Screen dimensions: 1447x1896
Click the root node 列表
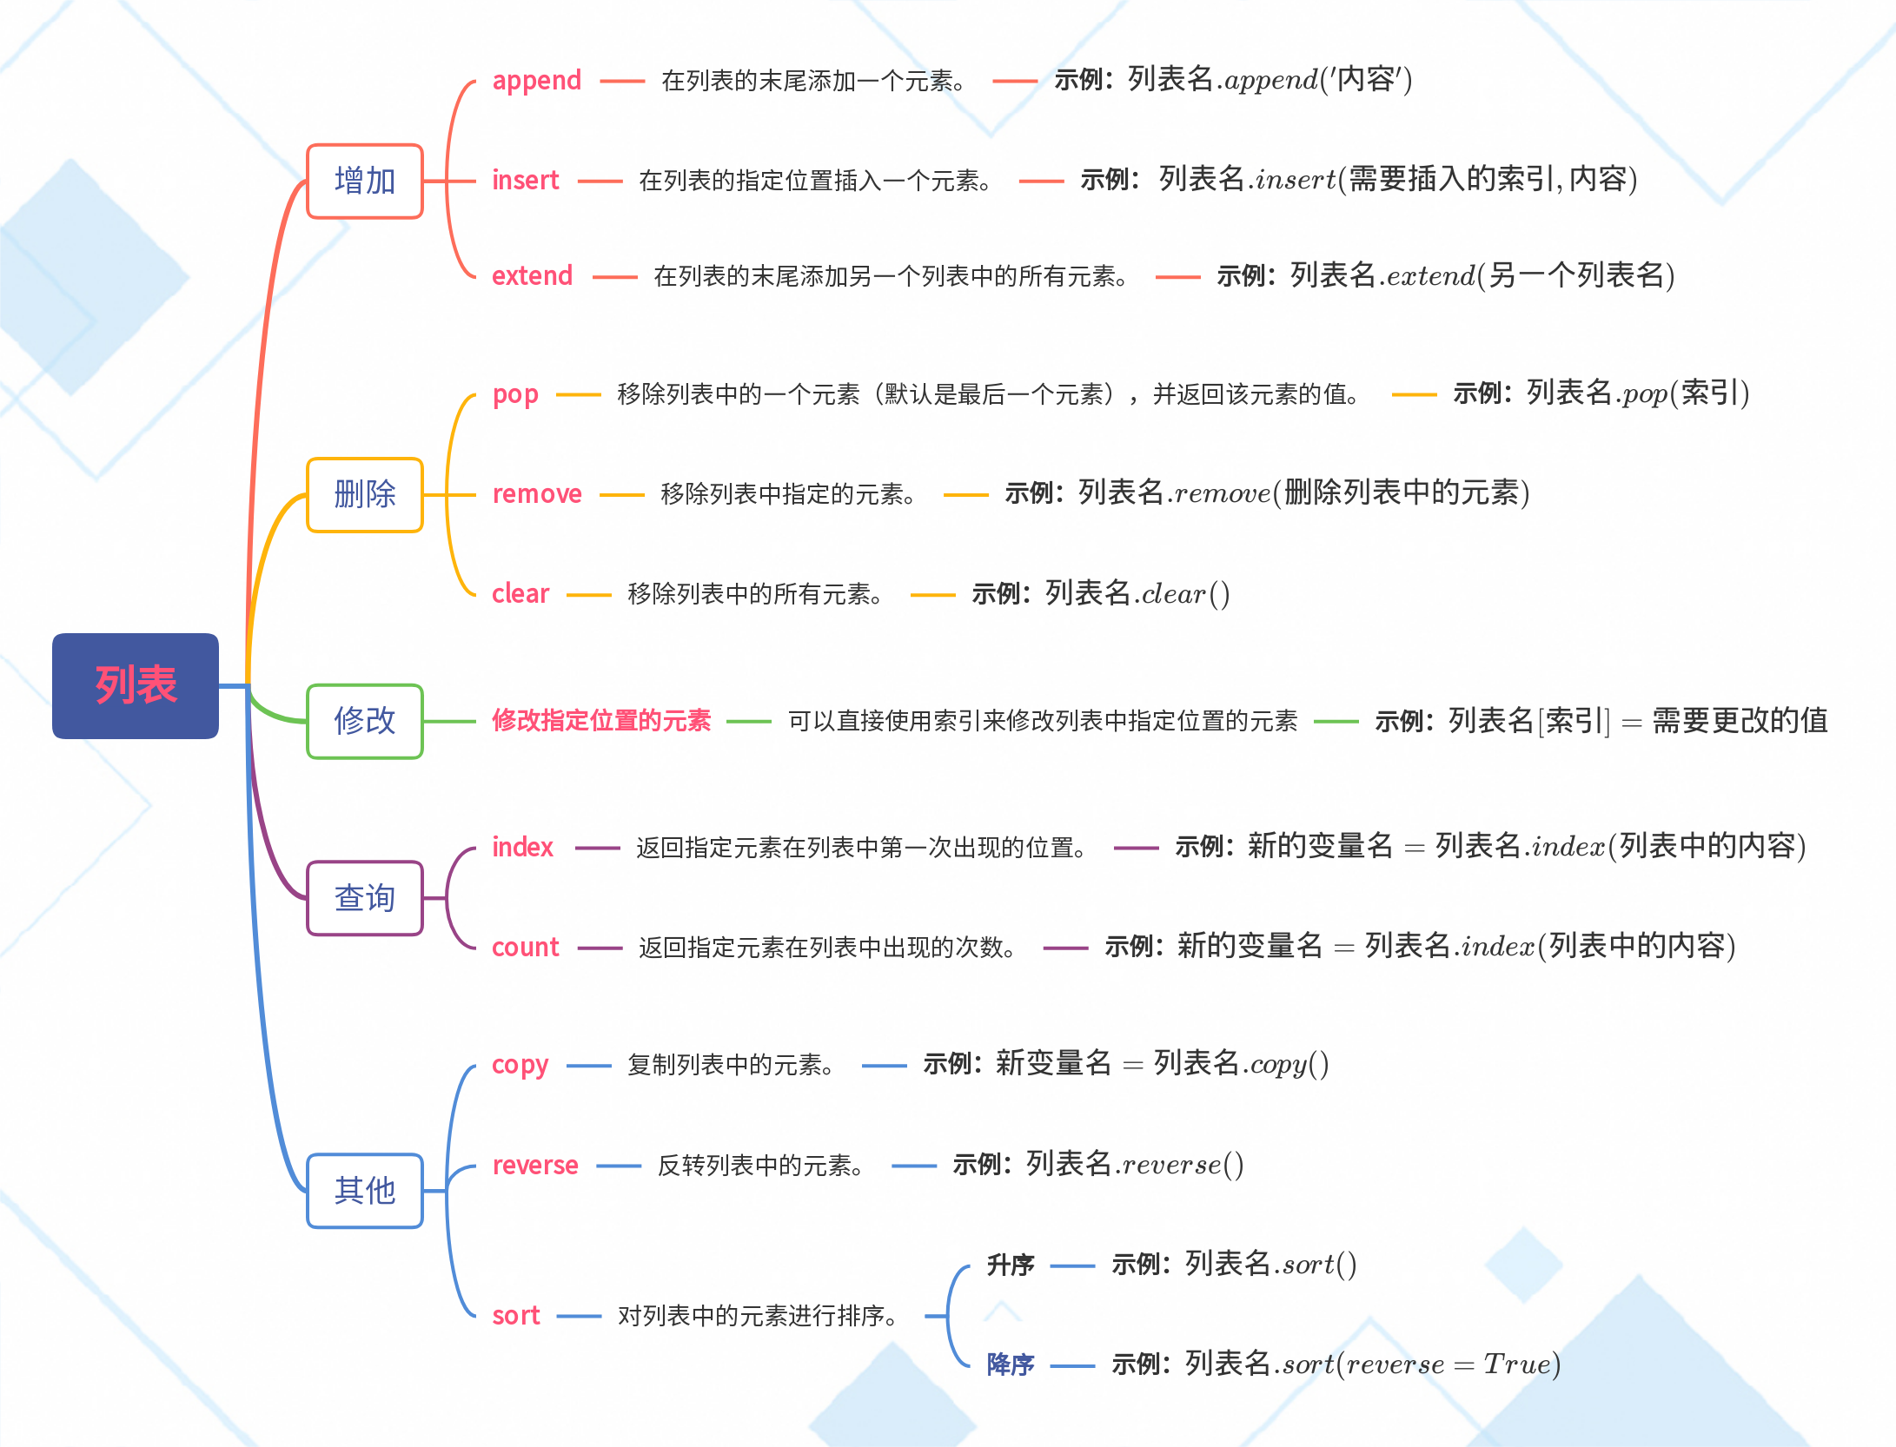click(x=136, y=685)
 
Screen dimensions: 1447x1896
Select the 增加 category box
click(x=365, y=181)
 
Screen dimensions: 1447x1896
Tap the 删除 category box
click(x=365, y=494)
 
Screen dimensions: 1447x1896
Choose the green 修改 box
click(x=365, y=721)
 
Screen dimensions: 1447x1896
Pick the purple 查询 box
click(x=365, y=898)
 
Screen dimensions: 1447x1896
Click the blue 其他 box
click(x=365, y=1190)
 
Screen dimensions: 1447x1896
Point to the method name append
click(x=536, y=81)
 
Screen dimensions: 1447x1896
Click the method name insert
click(x=525, y=180)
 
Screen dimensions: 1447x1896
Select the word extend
click(x=532, y=276)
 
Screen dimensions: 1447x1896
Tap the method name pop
click(x=515, y=394)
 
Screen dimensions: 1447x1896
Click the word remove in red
click(x=537, y=494)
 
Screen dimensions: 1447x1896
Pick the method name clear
click(x=520, y=594)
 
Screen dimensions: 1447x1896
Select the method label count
click(x=525, y=948)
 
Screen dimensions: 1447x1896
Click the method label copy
click(x=520, y=1065)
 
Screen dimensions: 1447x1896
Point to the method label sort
click(x=515, y=1316)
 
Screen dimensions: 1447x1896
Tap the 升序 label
click(x=1010, y=1265)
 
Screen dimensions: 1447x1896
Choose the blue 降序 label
click(x=1010, y=1364)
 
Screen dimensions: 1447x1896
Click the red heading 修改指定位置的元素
click(x=601, y=720)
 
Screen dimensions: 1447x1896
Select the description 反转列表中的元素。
click(x=760, y=1166)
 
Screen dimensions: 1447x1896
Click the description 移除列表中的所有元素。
click(x=754, y=594)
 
